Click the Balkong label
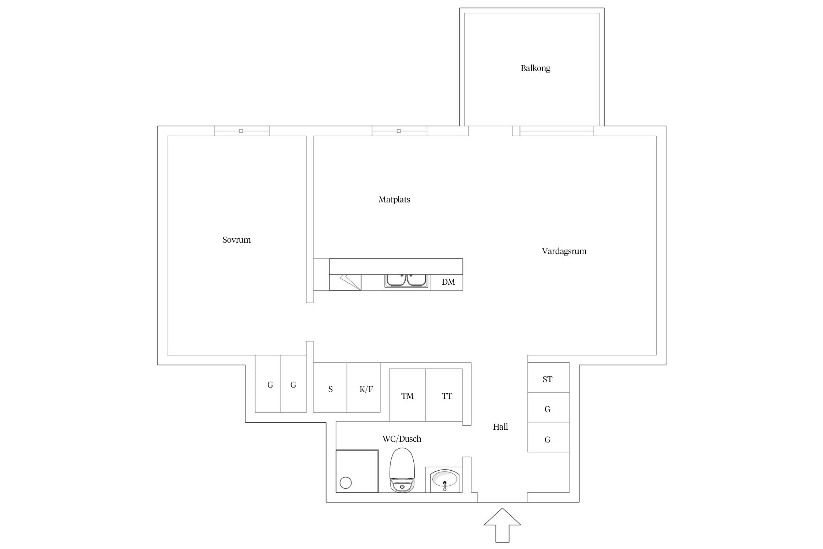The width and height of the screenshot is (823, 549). [x=535, y=68]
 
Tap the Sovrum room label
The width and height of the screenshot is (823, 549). [x=237, y=240]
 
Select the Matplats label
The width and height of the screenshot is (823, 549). [x=394, y=199]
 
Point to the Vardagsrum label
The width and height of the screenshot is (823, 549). [x=564, y=251]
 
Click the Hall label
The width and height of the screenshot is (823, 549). [x=500, y=426]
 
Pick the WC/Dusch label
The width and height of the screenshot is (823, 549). [x=402, y=439]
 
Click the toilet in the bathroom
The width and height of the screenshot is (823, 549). [x=402, y=470]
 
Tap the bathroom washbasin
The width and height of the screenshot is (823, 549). [x=444, y=479]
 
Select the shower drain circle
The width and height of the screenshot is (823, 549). [x=346, y=483]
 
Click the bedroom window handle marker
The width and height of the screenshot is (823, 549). [x=241, y=131]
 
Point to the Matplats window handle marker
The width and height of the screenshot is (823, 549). [x=399, y=131]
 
